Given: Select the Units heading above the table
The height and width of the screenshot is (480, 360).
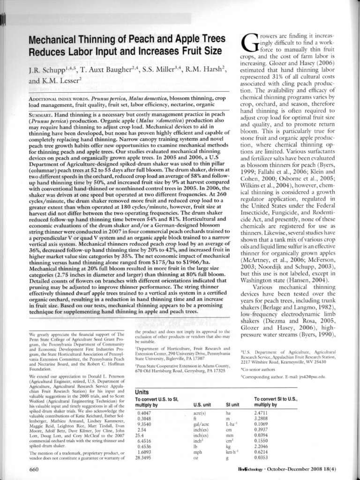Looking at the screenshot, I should (x=142, y=391).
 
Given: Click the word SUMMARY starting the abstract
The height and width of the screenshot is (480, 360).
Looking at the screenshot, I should (x=41, y=114).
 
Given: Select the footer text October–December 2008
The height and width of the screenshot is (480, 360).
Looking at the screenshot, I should (x=305, y=469).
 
